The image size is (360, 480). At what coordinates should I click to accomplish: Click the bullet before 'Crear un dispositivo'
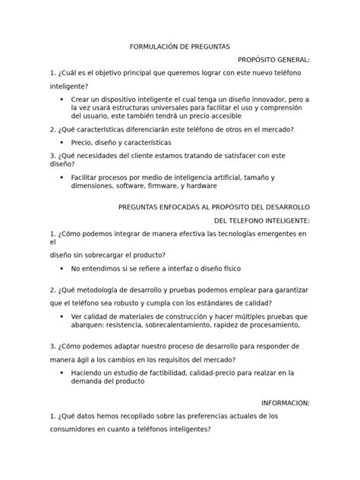point(60,99)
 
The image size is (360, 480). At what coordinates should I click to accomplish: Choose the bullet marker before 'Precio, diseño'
point(60,142)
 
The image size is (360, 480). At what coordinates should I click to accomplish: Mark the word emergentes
point(269,233)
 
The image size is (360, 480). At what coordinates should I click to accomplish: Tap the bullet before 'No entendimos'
point(60,269)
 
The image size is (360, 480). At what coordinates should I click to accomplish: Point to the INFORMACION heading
point(285,403)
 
